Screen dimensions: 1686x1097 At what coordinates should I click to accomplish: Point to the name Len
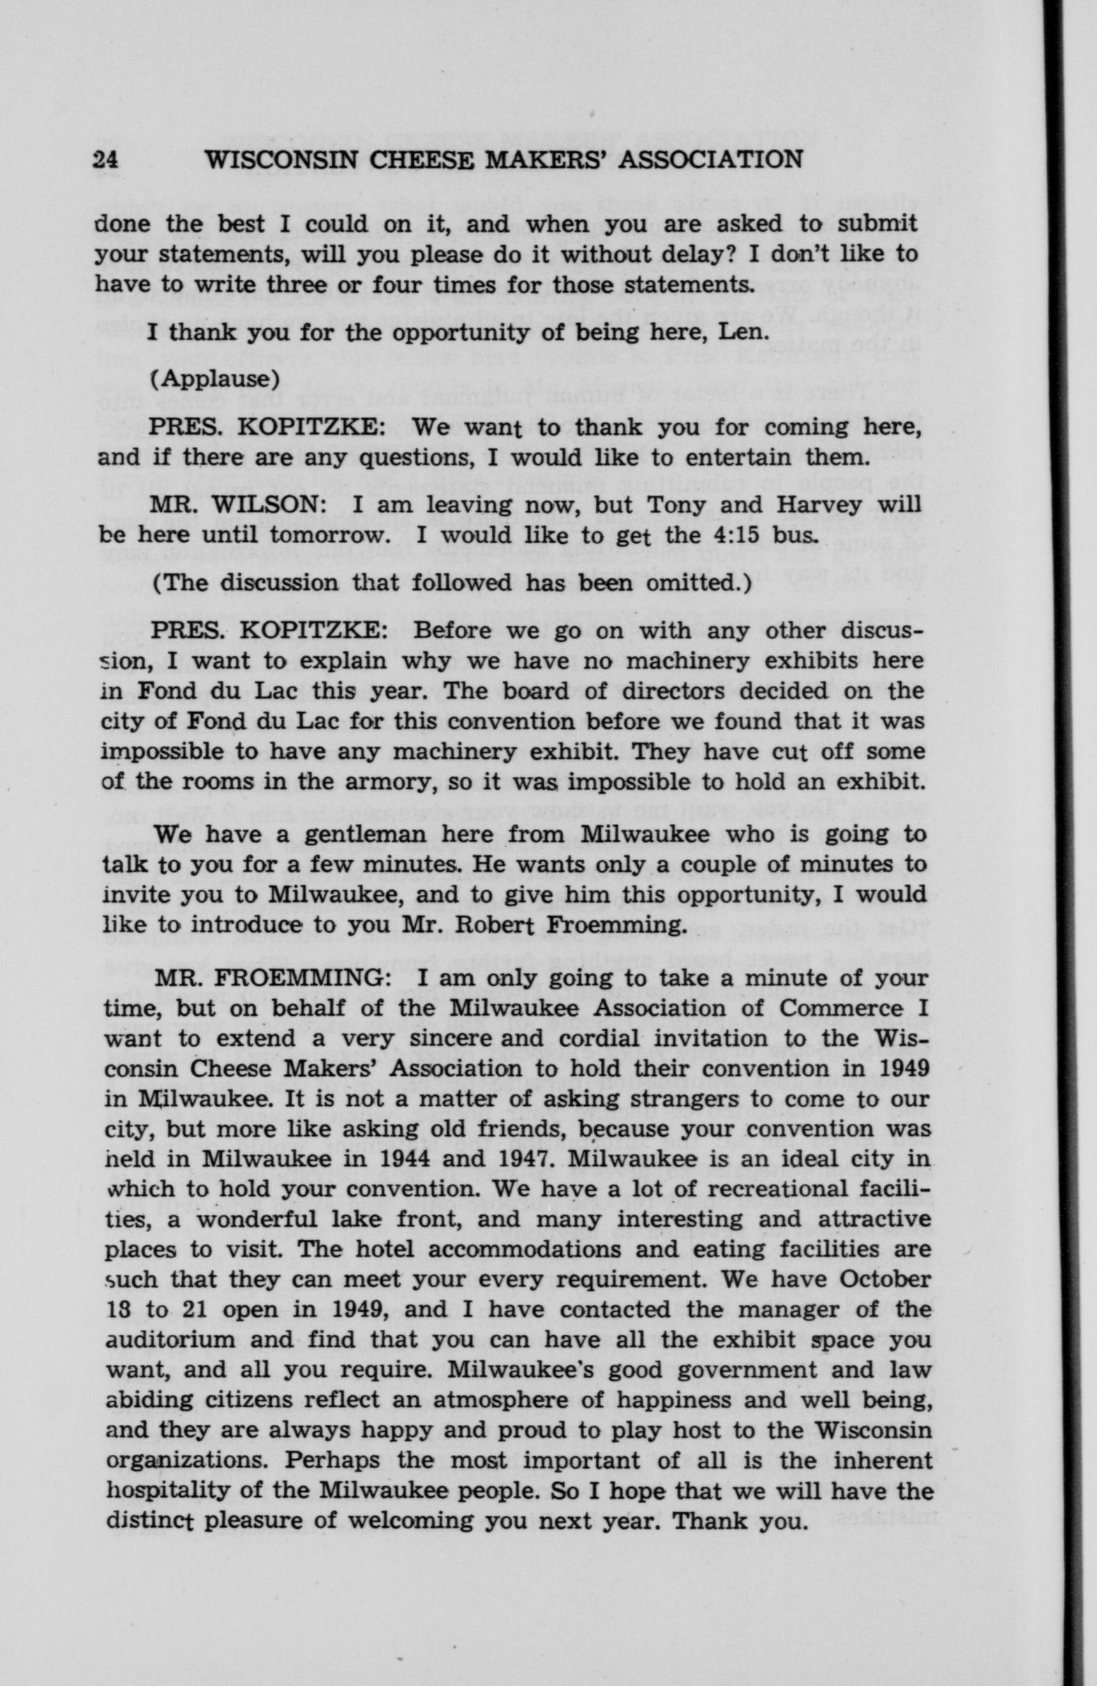tap(743, 332)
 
